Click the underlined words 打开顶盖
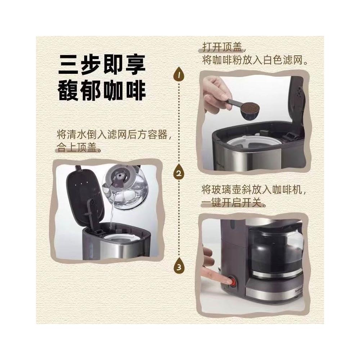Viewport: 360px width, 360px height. (x=222, y=48)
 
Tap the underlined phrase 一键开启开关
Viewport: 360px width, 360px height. (x=231, y=203)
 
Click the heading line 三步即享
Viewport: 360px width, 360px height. (x=102, y=65)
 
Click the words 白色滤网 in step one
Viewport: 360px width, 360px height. (x=283, y=60)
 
